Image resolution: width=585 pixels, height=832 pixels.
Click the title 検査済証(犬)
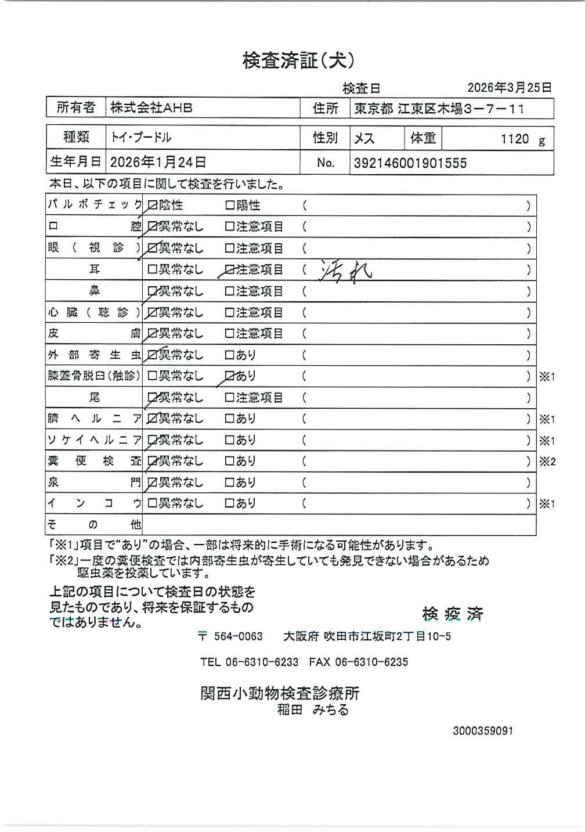point(298,60)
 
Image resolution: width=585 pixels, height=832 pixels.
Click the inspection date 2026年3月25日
point(509,88)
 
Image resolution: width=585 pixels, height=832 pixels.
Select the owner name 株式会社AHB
point(151,108)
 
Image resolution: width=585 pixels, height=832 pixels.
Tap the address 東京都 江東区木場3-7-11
point(439,109)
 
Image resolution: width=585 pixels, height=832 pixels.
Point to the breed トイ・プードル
point(141,138)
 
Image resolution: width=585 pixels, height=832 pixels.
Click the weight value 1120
point(515,139)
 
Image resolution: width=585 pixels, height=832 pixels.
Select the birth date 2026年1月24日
point(158,163)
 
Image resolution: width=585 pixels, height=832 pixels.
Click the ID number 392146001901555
point(410,163)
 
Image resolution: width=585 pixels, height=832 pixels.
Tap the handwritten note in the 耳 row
point(346,271)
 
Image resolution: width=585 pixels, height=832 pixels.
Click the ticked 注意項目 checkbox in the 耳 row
point(229,270)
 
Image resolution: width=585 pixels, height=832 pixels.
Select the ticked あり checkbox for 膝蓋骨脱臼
point(229,376)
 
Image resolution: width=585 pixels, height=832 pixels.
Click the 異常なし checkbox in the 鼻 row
point(153,291)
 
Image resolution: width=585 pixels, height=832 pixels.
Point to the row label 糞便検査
point(94,462)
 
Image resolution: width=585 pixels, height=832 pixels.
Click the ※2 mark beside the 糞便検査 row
point(547,462)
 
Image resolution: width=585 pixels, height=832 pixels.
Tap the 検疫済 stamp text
point(453,614)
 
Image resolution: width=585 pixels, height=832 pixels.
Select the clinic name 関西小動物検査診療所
point(280,693)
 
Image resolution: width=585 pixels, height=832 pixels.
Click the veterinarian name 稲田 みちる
point(313,710)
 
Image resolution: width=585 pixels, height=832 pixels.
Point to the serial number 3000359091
point(483,731)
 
